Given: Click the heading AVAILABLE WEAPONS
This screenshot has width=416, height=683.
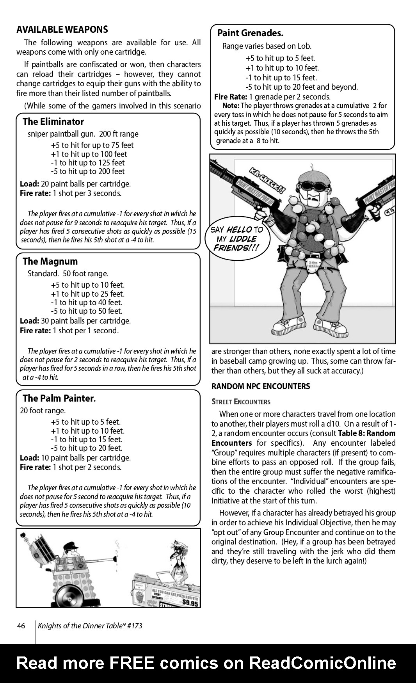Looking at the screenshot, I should pyautogui.click(x=62, y=30).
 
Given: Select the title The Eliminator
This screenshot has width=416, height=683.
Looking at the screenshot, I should pyautogui.click(x=53, y=121).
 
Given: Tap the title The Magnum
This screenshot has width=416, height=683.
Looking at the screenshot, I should pyautogui.click(x=50, y=261).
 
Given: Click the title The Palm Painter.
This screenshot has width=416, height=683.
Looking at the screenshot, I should pyautogui.click(x=59, y=398).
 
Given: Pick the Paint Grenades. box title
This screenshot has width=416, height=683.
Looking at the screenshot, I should pyautogui.click(x=250, y=33).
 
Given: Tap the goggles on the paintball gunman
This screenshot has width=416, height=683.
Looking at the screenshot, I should pyautogui.click(x=314, y=185).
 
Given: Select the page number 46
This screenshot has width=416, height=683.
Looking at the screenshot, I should pyautogui.click(x=21, y=626).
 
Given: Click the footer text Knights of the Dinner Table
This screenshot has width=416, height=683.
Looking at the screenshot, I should pyautogui.click(x=90, y=626).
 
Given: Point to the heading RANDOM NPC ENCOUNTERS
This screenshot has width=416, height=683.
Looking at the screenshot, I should pyautogui.click(x=261, y=386).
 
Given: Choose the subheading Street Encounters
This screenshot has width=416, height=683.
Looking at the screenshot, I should pyautogui.click(x=241, y=402).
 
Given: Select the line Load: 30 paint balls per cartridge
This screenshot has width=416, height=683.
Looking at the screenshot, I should pyautogui.click(x=75, y=321).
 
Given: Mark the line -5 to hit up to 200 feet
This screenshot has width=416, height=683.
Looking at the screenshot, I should pyautogui.click(x=88, y=171).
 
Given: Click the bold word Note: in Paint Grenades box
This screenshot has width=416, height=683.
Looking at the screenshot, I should pyautogui.click(x=231, y=106).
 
